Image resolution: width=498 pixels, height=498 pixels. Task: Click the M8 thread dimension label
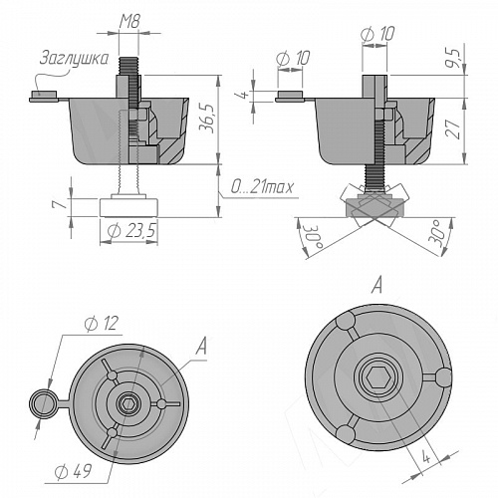[x=129, y=22]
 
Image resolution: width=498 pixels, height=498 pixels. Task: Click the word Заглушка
[x=74, y=59]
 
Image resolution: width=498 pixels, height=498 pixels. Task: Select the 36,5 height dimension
[x=209, y=119]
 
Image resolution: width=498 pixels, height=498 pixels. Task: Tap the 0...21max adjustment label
[x=262, y=187]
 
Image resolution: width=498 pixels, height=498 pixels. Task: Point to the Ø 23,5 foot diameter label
[x=131, y=231]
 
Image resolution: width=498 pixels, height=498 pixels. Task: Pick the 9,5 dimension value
[x=453, y=59]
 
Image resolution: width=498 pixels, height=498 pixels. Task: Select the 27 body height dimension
[x=453, y=128]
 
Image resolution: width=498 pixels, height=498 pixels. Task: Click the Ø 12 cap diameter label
[x=102, y=324]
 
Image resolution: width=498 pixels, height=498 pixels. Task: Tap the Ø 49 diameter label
[x=73, y=472]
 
